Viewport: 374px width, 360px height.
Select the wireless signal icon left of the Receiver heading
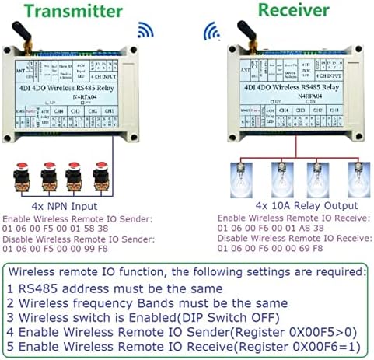(x=211, y=31)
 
